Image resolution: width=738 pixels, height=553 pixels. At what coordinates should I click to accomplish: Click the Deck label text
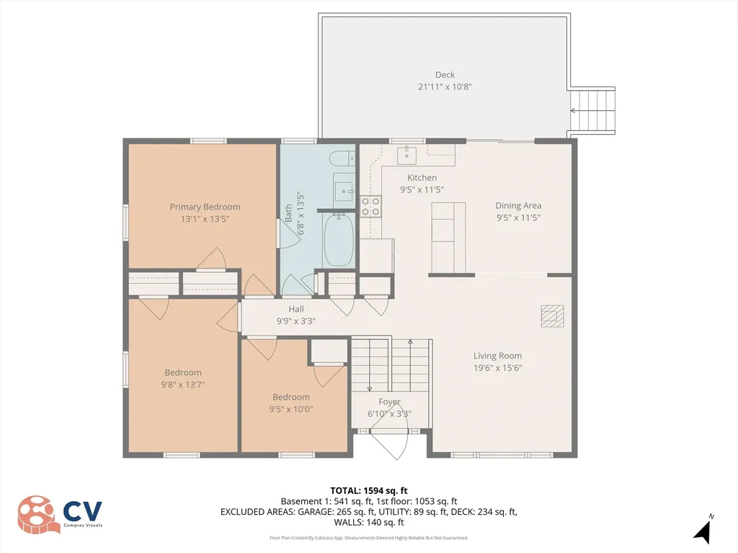pyautogui.click(x=445, y=75)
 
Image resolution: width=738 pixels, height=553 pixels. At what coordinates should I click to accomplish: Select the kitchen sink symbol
pyautogui.click(x=406, y=153)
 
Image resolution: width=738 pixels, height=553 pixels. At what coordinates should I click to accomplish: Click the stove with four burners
pyautogui.click(x=370, y=207)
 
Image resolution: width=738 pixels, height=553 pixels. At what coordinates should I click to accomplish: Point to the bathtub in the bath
pyautogui.click(x=337, y=240)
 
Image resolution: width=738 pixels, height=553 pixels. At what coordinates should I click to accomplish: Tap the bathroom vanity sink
pyautogui.click(x=344, y=190)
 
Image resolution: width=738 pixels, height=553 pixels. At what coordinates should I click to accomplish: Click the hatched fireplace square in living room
pyautogui.click(x=553, y=315)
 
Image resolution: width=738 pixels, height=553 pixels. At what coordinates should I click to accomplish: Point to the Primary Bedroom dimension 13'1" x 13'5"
pyautogui.click(x=205, y=220)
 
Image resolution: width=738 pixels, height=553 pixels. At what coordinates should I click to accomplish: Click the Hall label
pyautogui.click(x=296, y=309)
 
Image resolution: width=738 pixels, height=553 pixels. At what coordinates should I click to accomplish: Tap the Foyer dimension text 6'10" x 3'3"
pyautogui.click(x=389, y=414)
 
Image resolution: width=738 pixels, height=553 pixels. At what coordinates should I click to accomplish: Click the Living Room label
pyautogui.click(x=497, y=356)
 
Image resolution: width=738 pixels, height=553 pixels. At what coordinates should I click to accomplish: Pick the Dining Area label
pyautogui.click(x=518, y=205)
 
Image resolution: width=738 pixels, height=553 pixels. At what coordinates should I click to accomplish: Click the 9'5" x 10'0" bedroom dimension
pyautogui.click(x=290, y=409)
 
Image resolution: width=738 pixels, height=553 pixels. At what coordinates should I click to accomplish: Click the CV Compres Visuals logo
pyautogui.click(x=61, y=514)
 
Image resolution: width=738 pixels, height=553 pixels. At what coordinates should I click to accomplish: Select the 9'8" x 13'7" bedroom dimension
pyautogui.click(x=183, y=385)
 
